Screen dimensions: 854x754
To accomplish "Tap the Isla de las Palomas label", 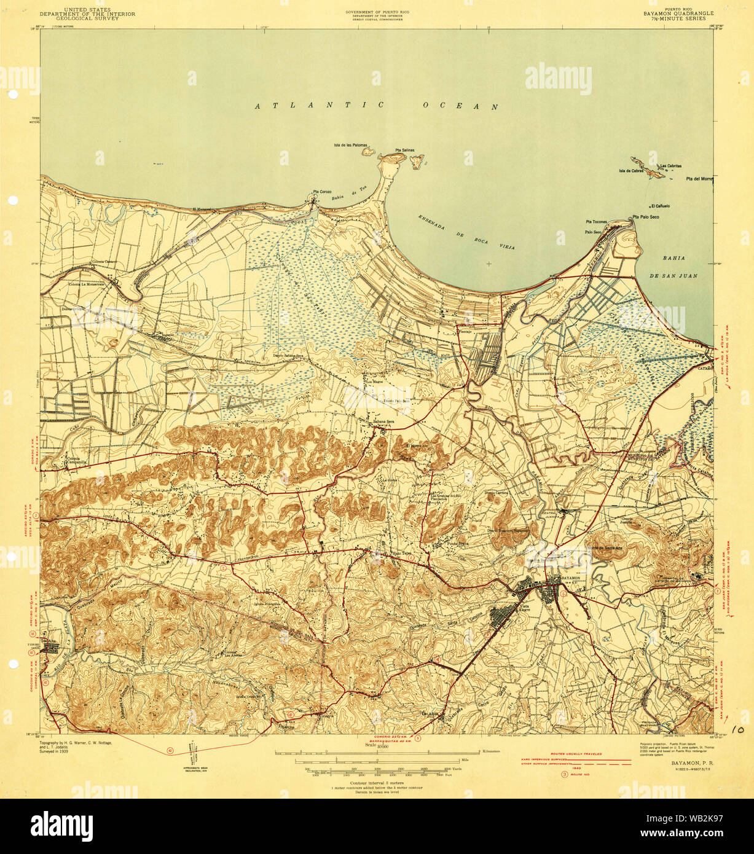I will click(x=350, y=146).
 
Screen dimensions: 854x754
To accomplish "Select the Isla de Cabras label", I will click(x=630, y=171).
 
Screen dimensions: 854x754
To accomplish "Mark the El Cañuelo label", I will click(x=661, y=206).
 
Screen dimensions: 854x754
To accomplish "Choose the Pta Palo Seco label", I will click(x=646, y=217).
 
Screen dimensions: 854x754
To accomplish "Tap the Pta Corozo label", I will click(x=322, y=192).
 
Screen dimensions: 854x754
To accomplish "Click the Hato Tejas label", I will click(x=403, y=553).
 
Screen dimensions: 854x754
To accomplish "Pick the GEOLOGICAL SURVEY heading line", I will click(x=88, y=19).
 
